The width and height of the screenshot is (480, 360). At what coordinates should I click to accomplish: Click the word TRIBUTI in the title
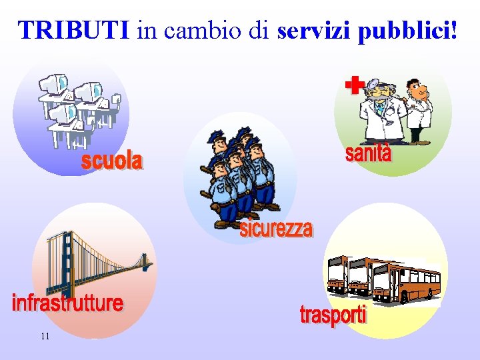[x=74, y=30]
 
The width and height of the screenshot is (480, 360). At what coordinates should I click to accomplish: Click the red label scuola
[x=112, y=161]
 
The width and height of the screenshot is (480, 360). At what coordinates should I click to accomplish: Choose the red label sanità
[x=368, y=153]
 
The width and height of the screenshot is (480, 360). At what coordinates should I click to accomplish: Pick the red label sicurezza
[x=276, y=229]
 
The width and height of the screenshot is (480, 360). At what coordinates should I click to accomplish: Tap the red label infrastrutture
[x=67, y=303]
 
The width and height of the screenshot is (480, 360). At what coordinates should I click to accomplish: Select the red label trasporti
[x=333, y=315]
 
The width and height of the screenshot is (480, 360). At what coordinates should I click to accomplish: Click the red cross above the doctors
[x=355, y=85]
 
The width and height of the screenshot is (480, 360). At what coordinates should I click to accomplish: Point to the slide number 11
[x=45, y=337]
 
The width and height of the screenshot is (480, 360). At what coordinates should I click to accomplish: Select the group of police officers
[x=239, y=177]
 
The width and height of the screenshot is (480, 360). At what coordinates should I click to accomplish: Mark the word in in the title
[x=145, y=30]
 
